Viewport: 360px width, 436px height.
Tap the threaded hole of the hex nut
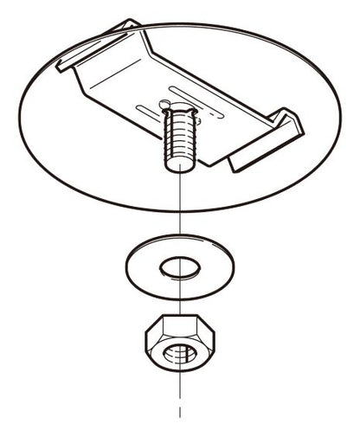click(x=178, y=355)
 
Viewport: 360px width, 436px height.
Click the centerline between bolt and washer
click(x=178, y=208)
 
